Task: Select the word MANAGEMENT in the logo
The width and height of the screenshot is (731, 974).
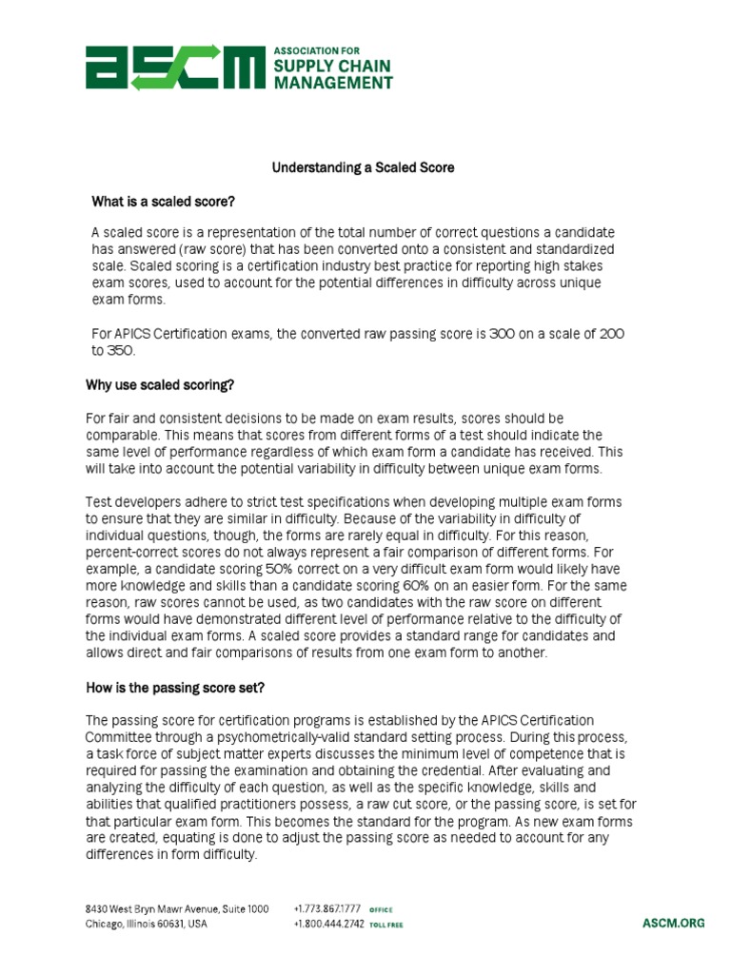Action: [333, 83]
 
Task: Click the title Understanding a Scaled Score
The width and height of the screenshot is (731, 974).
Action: [364, 167]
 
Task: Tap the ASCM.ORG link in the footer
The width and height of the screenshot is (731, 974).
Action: [673, 924]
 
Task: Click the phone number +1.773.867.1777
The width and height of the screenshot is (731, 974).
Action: [328, 909]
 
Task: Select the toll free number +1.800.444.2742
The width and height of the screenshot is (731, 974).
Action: [328, 925]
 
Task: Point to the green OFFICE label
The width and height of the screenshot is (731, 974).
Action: [381, 910]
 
